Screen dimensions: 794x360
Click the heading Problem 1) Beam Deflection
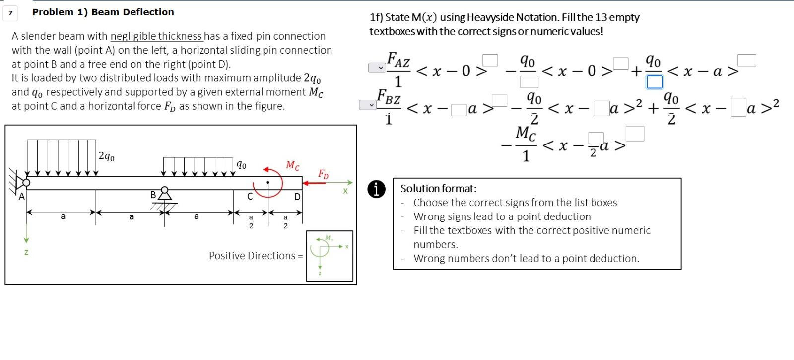(103, 12)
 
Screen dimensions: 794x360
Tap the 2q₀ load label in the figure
(107, 157)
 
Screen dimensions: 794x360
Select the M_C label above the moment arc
(293, 166)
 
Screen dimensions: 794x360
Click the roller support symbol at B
(165, 194)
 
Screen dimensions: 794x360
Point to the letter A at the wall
(21, 197)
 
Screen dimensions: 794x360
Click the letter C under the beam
(250, 197)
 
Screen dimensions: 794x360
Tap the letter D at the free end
(297, 197)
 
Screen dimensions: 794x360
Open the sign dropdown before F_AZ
(377, 68)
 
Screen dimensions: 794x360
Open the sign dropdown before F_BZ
(368, 105)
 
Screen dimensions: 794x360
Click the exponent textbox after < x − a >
(746, 60)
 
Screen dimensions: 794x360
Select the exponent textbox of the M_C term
(635, 134)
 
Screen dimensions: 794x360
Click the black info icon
(377, 189)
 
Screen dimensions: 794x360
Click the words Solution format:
(438, 189)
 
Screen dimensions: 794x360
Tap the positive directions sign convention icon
(330, 256)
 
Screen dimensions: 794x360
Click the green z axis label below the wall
(26, 252)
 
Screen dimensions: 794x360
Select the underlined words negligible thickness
(156, 36)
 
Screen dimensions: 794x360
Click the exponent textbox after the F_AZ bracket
(490, 60)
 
